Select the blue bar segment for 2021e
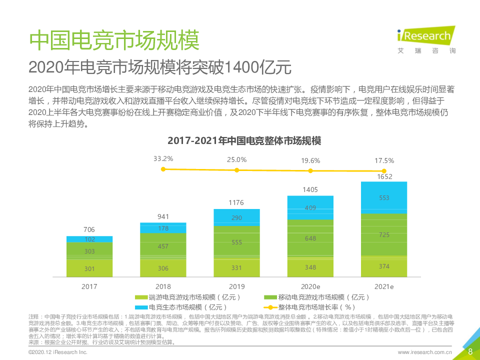click(384, 197)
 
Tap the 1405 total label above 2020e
click(310, 189)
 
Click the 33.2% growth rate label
click(163, 159)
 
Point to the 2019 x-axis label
click(236, 287)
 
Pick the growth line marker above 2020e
click(310, 171)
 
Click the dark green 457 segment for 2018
click(163, 246)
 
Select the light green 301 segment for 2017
click(89, 268)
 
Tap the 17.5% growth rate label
click(384, 160)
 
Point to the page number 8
click(470, 351)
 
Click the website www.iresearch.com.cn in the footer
click(425, 352)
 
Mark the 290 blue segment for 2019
click(236, 218)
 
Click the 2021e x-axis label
click(384, 287)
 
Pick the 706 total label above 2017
click(89, 229)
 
